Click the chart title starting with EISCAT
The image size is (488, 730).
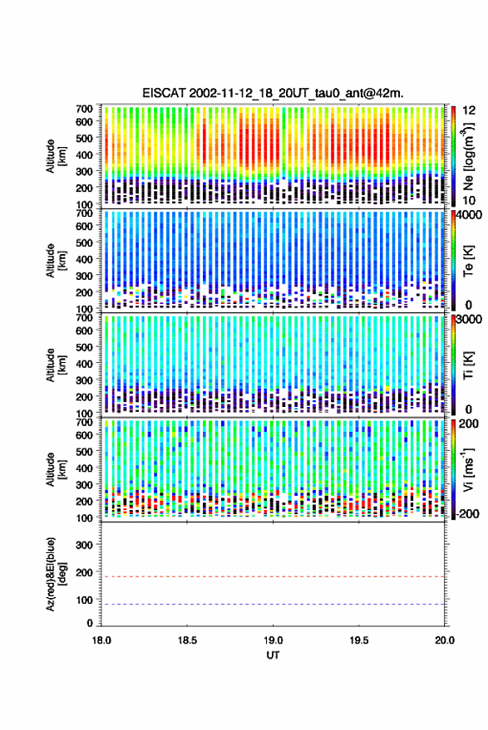pos(273,94)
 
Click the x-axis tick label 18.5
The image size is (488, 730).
pos(187,640)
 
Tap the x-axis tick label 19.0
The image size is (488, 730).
pos(273,640)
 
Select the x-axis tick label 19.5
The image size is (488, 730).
pos(358,640)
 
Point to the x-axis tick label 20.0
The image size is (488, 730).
pos(445,640)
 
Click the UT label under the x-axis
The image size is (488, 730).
pos(273,655)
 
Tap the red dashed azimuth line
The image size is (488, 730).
pos(273,577)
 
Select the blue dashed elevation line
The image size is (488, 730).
pos(273,605)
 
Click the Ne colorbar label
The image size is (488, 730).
pos(468,156)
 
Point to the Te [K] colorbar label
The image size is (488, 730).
pos(468,261)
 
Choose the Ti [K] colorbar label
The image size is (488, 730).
pos(468,365)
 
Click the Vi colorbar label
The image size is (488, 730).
pos(467,469)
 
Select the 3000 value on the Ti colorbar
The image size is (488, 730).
pos(470,319)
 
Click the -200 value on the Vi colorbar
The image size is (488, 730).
pos(467,514)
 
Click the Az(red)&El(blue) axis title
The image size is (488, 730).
pos(56,574)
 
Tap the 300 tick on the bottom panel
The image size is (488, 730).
pos(84,545)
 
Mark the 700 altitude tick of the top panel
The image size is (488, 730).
pos(84,109)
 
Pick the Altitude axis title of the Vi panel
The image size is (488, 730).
pos(56,469)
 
